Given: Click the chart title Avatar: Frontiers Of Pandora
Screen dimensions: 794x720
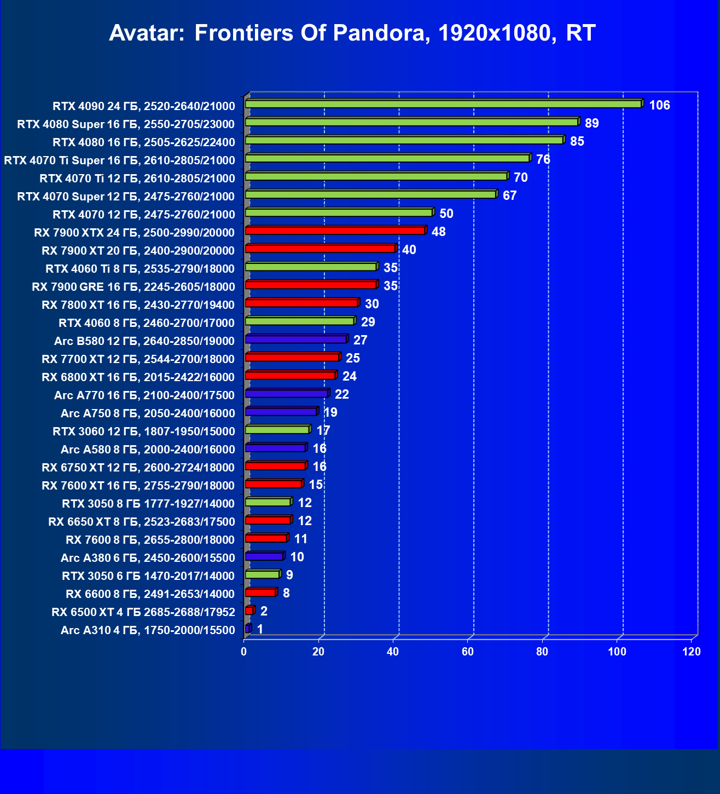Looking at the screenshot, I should [352, 33].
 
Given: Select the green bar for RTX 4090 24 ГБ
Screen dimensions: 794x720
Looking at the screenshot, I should [443, 104].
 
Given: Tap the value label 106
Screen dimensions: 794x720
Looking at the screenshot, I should [659, 105].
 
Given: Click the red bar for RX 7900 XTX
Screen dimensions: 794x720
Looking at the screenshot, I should [335, 231].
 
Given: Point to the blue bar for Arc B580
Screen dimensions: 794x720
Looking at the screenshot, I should [296, 340].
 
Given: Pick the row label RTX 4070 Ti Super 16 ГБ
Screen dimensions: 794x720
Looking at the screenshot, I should [119, 160].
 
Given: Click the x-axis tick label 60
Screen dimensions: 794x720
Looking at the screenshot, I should [468, 652].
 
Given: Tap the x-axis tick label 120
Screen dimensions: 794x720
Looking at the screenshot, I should [692, 652].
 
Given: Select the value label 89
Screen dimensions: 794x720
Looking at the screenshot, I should [591, 123].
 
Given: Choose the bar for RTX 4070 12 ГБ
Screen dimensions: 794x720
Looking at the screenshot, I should [339, 212].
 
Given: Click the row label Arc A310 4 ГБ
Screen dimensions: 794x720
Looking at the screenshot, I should [148, 630].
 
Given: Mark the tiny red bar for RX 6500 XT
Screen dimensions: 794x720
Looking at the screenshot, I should [249, 611].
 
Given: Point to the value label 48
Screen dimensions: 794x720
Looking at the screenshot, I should [438, 232].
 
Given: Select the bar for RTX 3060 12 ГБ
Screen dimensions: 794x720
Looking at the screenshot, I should [277, 430].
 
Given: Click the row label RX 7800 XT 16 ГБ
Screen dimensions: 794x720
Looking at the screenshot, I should [138, 304].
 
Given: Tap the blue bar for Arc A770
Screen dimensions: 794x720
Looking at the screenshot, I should [287, 393].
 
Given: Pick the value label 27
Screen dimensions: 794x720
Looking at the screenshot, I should [360, 340].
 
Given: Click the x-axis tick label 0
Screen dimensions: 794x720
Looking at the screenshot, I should [244, 652].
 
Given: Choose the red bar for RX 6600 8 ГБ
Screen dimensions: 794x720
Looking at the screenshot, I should [260, 592].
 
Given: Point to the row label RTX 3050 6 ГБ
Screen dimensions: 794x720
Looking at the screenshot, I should [148, 576].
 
